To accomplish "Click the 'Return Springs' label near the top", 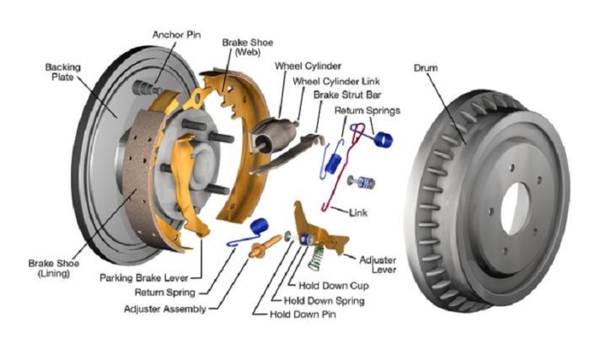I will pos(367,110).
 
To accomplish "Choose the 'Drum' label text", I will pos(427,67).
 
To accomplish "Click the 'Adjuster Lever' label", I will pos(378,265).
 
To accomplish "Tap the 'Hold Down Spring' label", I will pos(324,299).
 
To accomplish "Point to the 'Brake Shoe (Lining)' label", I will pos(53,268).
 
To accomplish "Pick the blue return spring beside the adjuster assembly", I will pos(260,225).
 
